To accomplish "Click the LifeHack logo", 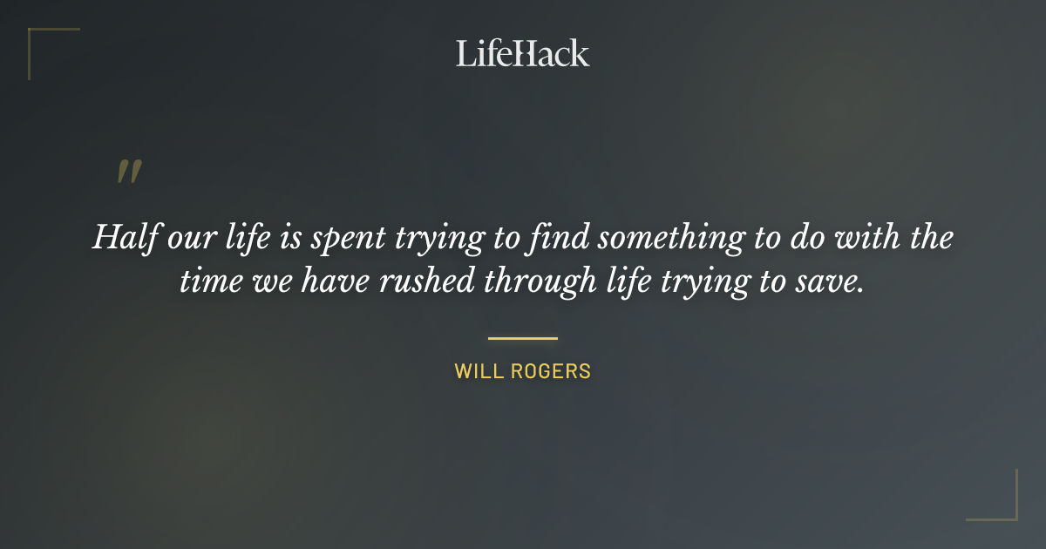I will tap(523, 53).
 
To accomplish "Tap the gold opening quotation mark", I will tap(129, 172).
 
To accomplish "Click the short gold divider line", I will tap(523, 338).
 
